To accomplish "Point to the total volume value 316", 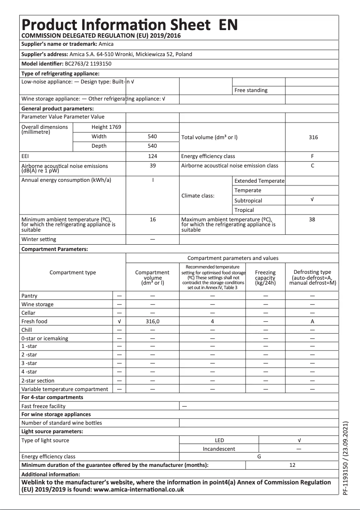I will [x=313, y=137].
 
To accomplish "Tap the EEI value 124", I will [x=152, y=156].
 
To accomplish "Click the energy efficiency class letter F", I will [x=312, y=156].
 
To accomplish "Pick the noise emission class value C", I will [x=312, y=166].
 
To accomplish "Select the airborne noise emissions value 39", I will [x=152, y=166].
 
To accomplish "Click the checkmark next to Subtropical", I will [x=312, y=200].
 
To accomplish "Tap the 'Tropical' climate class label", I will [x=244, y=210].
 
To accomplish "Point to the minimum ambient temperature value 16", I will [x=152, y=220].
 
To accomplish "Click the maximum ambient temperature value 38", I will [x=312, y=220].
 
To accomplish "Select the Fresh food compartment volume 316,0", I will [x=152, y=321].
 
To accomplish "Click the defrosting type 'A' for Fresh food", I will [x=312, y=321].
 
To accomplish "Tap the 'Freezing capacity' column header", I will [x=265, y=277].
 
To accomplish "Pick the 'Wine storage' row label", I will [x=37, y=304].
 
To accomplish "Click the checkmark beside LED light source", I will [x=299, y=440].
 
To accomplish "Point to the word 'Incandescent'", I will [x=219, y=448].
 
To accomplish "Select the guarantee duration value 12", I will [x=292, y=465].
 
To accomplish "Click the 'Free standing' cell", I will [x=251, y=90].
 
